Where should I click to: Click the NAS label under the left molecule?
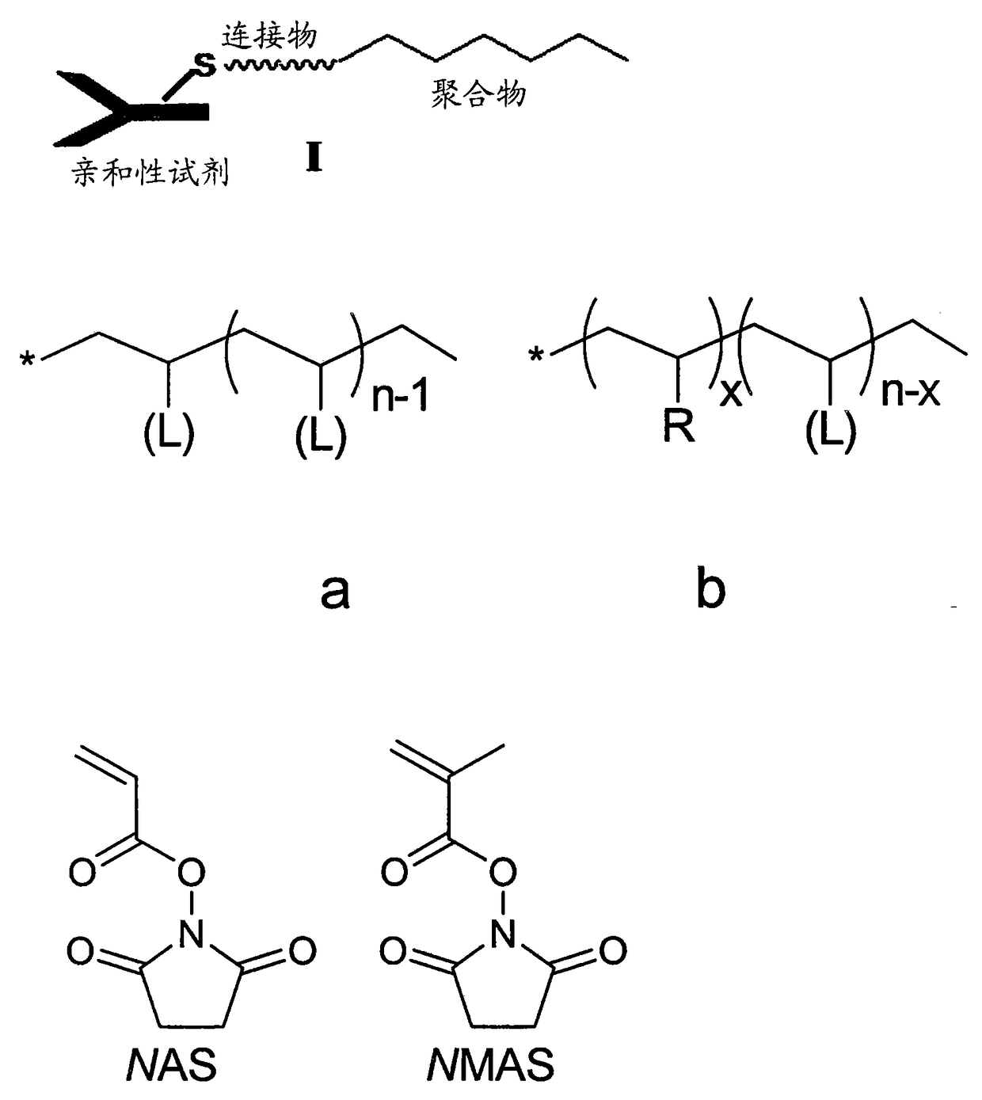coord(171,1066)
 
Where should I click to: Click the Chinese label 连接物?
coord(268,36)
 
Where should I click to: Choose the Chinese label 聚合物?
coord(478,94)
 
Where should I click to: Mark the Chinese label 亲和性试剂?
coord(150,171)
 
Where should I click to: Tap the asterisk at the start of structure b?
coord(537,356)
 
